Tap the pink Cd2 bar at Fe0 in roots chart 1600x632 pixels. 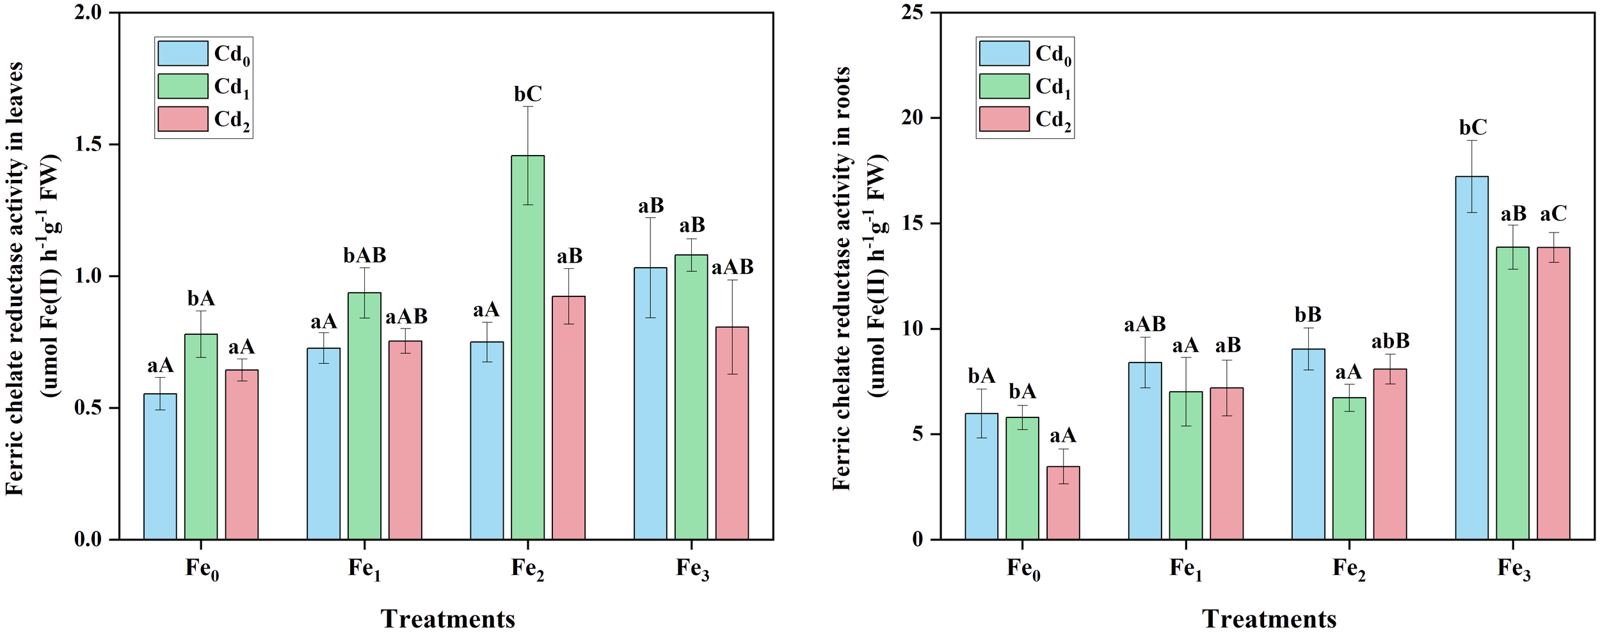(1063, 503)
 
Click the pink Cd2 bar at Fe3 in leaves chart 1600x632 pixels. (732, 433)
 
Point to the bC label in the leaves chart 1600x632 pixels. (528, 95)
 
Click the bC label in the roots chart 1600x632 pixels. (1473, 128)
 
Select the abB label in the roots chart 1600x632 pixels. (1390, 341)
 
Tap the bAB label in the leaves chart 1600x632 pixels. (365, 256)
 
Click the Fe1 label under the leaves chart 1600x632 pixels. (364, 569)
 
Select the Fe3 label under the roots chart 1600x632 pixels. (1513, 569)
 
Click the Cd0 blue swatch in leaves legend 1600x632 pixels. (183, 53)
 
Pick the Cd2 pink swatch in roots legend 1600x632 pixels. (1004, 119)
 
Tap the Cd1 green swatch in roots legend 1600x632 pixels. (1004, 86)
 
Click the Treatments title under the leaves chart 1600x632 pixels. (447, 619)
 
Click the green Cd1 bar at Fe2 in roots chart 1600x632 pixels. (1349, 468)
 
